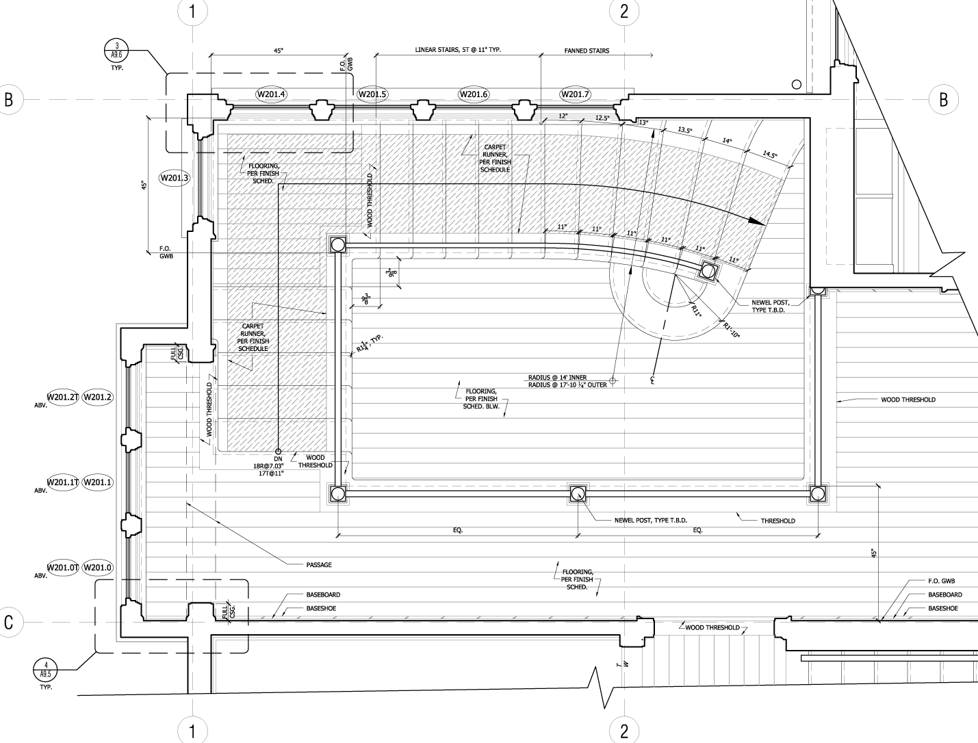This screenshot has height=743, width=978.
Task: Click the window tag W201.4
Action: [270, 94]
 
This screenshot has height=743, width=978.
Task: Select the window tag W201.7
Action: [574, 94]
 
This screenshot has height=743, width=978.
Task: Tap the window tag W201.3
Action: [175, 179]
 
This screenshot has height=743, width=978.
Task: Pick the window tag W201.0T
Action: [63, 568]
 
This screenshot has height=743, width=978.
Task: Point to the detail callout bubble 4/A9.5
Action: [46, 669]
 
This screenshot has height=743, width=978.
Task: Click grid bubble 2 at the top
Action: [623, 11]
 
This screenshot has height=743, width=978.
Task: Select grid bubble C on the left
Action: [9, 622]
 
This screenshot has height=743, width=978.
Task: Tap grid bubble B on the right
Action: [944, 100]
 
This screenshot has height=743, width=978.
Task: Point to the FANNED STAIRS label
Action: [587, 51]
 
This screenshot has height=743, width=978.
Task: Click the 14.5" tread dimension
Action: [769, 155]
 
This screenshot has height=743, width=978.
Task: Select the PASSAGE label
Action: [319, 564]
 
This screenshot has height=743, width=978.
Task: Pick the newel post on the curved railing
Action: [708, 272]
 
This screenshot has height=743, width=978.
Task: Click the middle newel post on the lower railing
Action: [577, 493]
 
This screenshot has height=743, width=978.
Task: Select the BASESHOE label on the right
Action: [943, 608]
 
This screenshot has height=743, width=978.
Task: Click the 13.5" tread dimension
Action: [685, 129]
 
